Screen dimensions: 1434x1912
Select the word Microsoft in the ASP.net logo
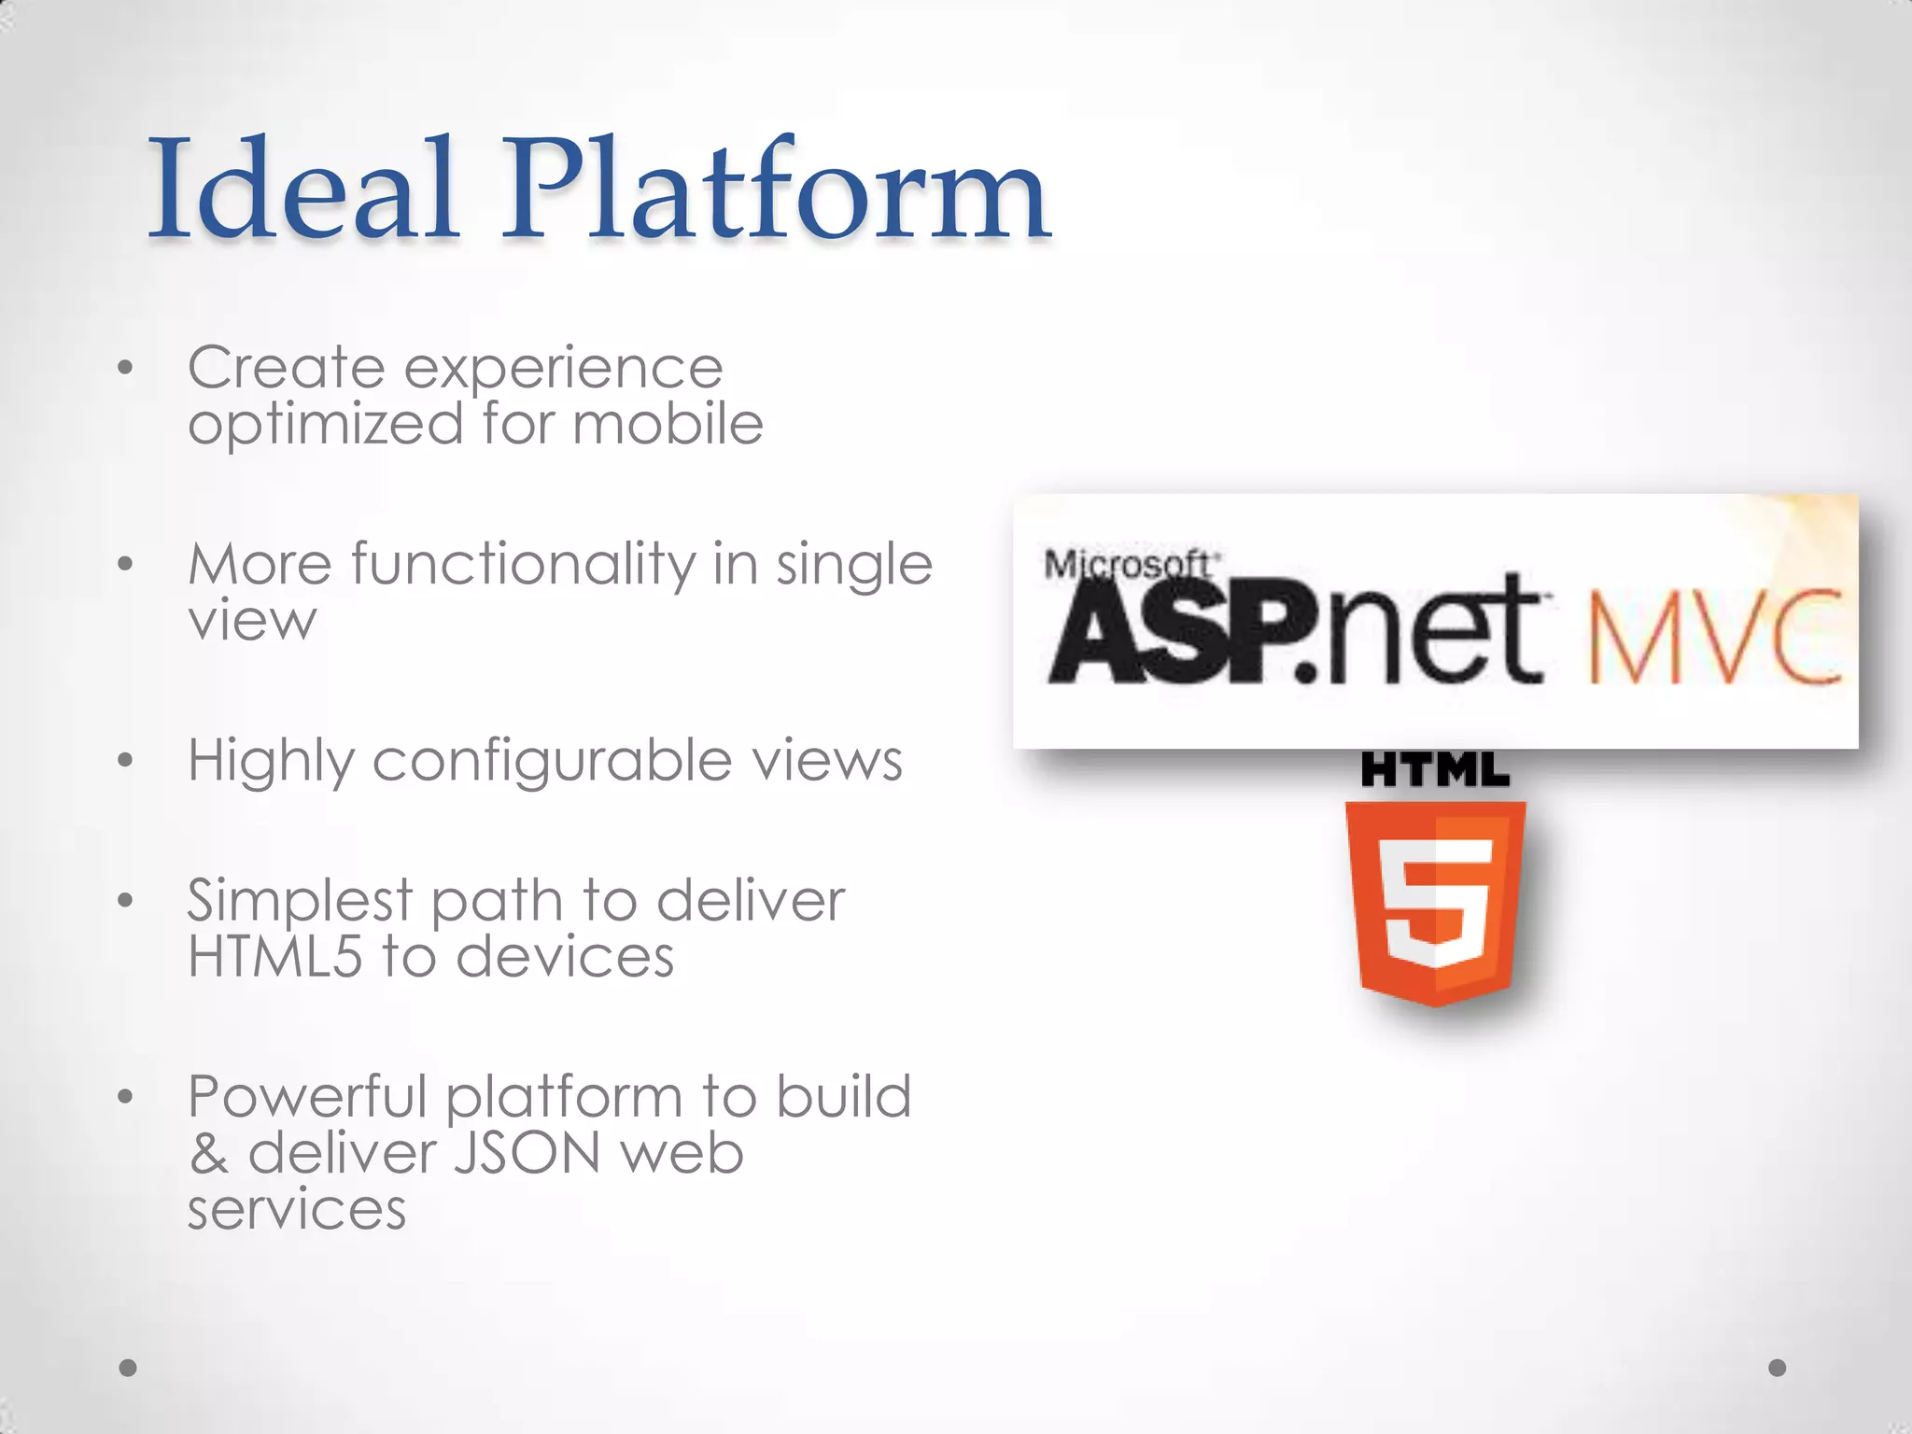(x=1127, y=565)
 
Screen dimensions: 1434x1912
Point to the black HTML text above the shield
(x=1435, y=771)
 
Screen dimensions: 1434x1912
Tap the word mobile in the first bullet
(x=668, y=425)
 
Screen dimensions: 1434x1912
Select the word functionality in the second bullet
(x=523, y=565)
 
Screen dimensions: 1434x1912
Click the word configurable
(x=552, y=761)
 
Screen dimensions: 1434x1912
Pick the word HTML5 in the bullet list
(x=274, y=957)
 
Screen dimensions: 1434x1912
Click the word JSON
(x=527, y=1154)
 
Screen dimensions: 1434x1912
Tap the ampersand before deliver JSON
(x=209, y=1154)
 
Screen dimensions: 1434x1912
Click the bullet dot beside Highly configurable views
(x=126, y=760)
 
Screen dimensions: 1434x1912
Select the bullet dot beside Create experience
(x=126, y=368)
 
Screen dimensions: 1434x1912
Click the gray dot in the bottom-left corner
(x=128, y=1368)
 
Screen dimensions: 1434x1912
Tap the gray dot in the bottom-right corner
(x=1778, y=1368)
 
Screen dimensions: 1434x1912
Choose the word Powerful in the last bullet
(x=307, y=1098)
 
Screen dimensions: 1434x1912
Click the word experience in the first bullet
(x=563, y=370)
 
